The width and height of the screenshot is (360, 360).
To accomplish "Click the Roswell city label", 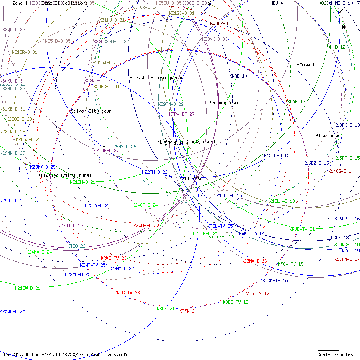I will pyautogui.click(x=308, y=65).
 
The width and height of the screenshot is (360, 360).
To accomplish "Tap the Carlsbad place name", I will pyautogui.click(x=329, y=136).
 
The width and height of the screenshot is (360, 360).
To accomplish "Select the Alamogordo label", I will pyautogui.click(x=225, y=103).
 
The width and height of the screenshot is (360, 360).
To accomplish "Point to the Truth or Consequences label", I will pyautogui.click(x=159, y=78).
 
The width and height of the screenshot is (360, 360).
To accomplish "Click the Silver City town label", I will pyautogui.click(x=91, y=111).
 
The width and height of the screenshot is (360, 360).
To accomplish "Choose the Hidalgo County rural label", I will pyautogui.click(x=66, y=176).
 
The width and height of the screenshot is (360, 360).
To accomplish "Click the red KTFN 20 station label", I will pyautogui.click(x=188, y=311).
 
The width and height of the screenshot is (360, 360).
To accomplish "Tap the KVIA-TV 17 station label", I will pyautogui.click(x=256, y=294).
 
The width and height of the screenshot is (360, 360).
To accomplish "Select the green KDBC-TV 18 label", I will pyautogui.click(x=235, y=302).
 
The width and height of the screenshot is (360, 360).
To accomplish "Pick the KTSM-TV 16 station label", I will pyautogui.click(x=275, y=281).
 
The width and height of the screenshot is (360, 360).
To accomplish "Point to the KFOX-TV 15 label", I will pyautogui.click(x=291, y=264).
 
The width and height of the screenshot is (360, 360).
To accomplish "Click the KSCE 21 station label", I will pyautogui.click(x=166, y=309).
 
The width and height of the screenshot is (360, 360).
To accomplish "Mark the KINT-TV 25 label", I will pyautogui.click(x=93, y=266).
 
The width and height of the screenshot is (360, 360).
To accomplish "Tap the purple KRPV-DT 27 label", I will pyautogui.click(x=182, y=114).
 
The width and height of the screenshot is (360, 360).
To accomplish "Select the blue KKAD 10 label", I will pyautogui.click(x=238, y=76).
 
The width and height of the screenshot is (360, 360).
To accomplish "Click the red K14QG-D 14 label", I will pyautogui.click(x=341, y=172).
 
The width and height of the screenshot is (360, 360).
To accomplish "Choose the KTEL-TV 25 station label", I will pyautogui.click(x=220, y=227).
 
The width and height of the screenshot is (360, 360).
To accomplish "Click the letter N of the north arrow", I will pyautogui.click(x=343, y=27).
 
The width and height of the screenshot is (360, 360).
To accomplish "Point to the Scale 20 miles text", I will pyautogui.click(x=335, y=354).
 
